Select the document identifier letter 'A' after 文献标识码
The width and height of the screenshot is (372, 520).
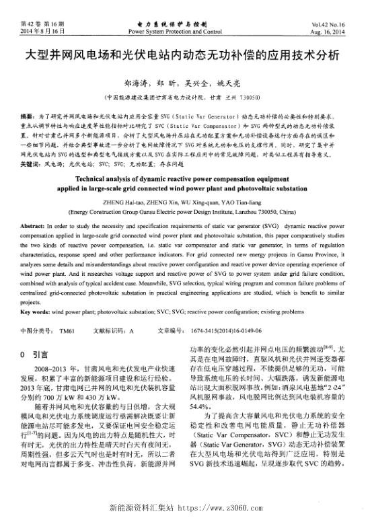point(132,331)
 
